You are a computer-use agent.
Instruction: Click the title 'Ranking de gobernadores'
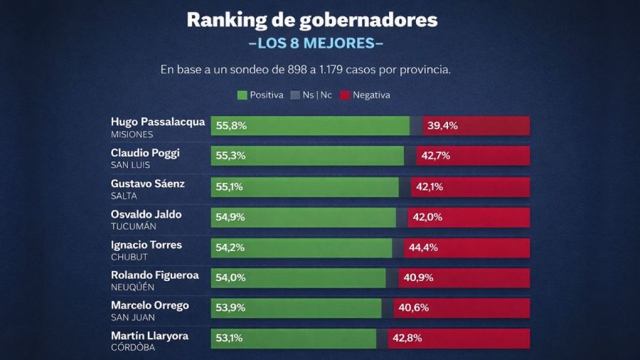(312, 20)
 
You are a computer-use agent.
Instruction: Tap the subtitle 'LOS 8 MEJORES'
(316, 43)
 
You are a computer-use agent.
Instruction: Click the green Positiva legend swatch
(242, 95)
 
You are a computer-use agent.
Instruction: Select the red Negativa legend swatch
(346, 95)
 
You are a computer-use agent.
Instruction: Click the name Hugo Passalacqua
(158, 122)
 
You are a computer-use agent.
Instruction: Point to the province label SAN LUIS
(129, 164)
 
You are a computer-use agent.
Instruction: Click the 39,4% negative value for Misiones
(442, 126)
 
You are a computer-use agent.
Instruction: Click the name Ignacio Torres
(146, 245)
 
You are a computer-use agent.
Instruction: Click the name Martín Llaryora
(149, 336)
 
